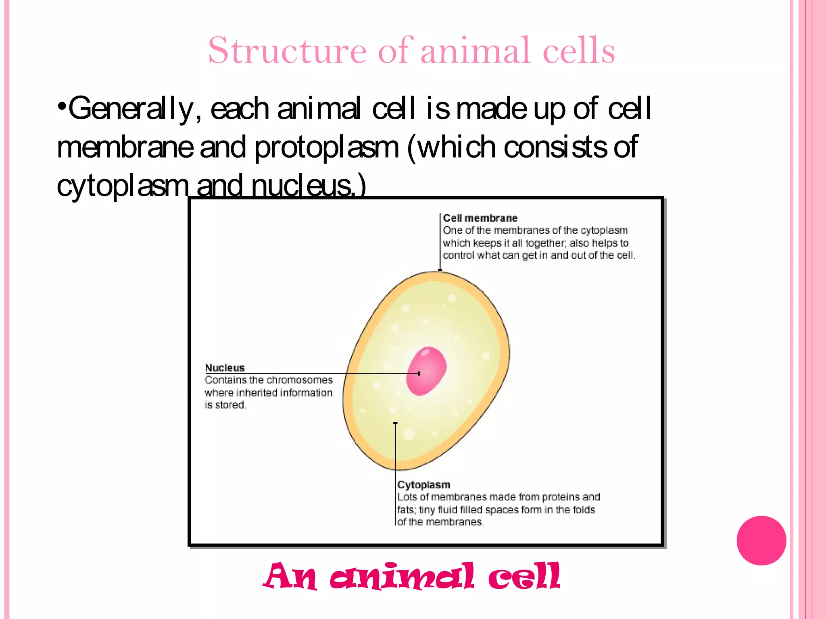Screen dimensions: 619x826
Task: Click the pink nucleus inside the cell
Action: tap(426, 371)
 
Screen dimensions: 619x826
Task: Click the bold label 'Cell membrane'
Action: tap(480, 218)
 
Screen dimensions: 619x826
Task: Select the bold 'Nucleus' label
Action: tap(225, 368)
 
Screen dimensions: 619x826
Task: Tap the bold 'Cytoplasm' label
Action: tap(423, 485)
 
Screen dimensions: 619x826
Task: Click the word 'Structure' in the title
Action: tap(287, 51)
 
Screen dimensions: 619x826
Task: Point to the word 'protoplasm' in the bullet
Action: tap(326, 147)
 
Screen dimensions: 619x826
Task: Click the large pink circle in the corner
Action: tap(761, 540)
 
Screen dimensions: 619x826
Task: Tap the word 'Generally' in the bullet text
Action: tap(131, 109)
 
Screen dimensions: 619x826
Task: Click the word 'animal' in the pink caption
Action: tap(402, 576)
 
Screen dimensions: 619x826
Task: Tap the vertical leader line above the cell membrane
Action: tap(440, 242)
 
